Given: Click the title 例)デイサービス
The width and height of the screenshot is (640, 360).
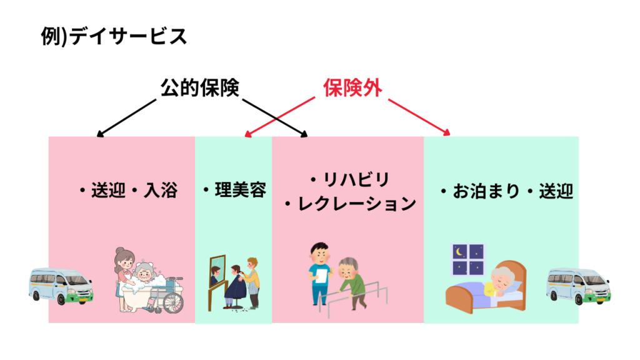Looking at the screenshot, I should pyautogui.click(x=113, y=37).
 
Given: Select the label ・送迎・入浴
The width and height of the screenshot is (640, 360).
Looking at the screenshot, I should pyautogui.click(x=127, y=190).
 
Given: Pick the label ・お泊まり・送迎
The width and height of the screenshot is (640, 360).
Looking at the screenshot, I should pyautogui.click(x=505, y=191).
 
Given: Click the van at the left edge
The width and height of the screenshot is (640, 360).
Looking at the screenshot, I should pyautogui.click(x=61, y=286).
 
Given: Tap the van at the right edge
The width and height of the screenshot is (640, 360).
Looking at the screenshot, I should pyautogui.click(x=577, y=286).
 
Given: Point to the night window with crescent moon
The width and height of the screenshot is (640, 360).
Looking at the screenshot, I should pyautogui.click(x=467, y=260).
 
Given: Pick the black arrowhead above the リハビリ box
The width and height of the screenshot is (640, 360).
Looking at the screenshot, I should pyautogui.click(x=304, y=133).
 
